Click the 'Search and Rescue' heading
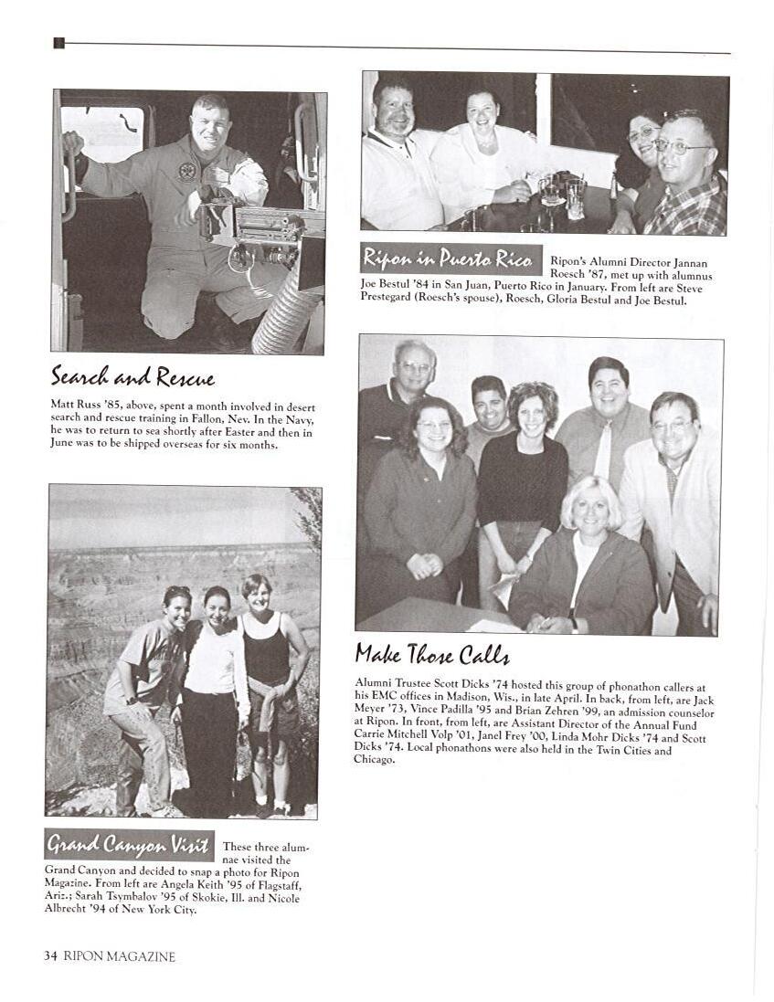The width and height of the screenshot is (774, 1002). coord(133,376)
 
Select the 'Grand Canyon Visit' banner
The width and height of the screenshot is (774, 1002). coord(129,845)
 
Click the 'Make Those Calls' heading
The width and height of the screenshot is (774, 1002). coord(431,654)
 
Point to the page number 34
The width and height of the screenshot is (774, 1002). coord(51,956)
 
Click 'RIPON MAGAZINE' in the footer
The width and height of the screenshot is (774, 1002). coord(119,956)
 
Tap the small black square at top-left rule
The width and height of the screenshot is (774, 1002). coord(58,43)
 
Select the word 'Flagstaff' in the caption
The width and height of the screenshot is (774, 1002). coord(286,886)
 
